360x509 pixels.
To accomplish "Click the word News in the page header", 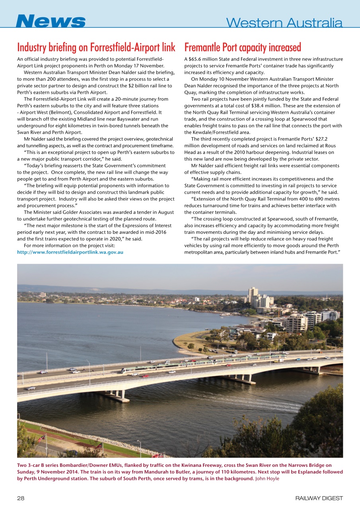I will [x=51, y=21].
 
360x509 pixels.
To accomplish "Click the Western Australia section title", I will [x=284, y=23].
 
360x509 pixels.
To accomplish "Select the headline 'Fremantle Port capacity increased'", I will [x=243, y=47].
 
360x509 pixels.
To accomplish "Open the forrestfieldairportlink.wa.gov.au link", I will [x=70, y=252].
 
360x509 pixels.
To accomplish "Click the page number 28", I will [x=21, y=498].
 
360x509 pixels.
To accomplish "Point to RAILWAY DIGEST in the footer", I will [x=319, y=498].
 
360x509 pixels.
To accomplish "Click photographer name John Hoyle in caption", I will [x=267, y=478].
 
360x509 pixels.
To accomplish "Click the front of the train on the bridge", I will [x=123, y=371].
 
